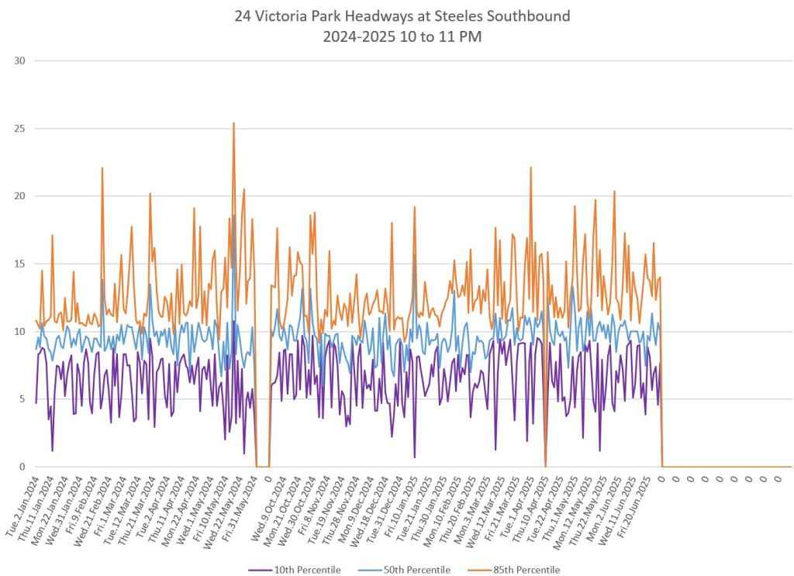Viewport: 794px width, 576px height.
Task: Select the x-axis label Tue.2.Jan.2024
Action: click(22, 505)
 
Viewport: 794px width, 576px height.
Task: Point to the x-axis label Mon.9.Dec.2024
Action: click(363, 505)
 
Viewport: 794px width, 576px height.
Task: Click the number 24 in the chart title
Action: click(243, 16)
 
